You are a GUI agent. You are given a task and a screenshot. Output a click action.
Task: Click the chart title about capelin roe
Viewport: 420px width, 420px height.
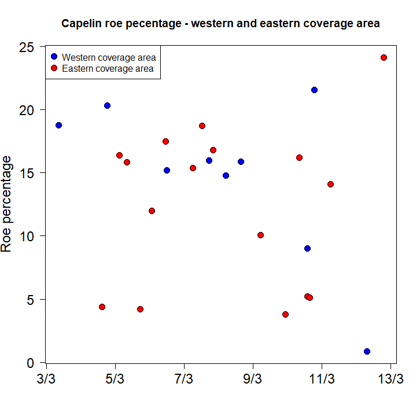pyautogui.click(x=220, y=24)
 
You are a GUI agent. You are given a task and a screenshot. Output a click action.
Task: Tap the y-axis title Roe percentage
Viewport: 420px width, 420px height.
pyautogui.click(x=7, y=204)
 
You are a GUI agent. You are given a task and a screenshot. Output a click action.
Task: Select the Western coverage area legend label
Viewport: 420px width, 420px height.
pyautogui.click(x=108, y=57)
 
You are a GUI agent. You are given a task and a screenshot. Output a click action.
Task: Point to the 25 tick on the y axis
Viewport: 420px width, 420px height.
pyautogui.click(x=30, y=46)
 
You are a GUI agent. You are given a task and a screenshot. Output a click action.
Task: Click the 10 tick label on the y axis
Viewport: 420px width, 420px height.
pyautogui.click(x=30, y=236)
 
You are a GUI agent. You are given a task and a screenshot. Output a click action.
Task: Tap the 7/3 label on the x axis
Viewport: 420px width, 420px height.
pyautogui.click(x=184, y=380)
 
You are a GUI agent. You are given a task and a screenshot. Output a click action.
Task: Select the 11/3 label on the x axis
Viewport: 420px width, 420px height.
pyautogui.click(x=322, y=380)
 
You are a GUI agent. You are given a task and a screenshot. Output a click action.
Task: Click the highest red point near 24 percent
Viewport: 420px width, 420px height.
pyautogui.click(x=384, y=57)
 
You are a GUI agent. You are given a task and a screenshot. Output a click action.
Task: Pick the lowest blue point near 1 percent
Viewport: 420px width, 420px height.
pyautogui.click(x=367, y=351)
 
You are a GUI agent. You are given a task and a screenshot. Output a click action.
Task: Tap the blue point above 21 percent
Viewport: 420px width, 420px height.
pyautogui.click(x=314, y=90)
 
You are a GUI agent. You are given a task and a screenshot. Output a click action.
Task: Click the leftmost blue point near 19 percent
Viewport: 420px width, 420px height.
pyautogui.click(x=58, y=125)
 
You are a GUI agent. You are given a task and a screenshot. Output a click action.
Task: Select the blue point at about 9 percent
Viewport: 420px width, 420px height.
pyautogui.click(x=307, y=248)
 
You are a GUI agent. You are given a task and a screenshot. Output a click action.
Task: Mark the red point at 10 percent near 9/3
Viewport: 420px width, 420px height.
pyautogui.click(x=260, y=235)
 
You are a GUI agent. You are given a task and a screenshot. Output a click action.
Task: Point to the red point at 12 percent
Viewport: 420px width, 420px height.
pyautogui.click(x=152, y=211)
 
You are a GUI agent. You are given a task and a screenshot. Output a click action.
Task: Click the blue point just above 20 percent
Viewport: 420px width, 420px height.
pyautogui.click(x=107, y=105)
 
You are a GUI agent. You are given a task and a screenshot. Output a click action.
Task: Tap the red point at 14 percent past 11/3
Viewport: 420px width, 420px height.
pyautogui.click(x=330, y=184)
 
